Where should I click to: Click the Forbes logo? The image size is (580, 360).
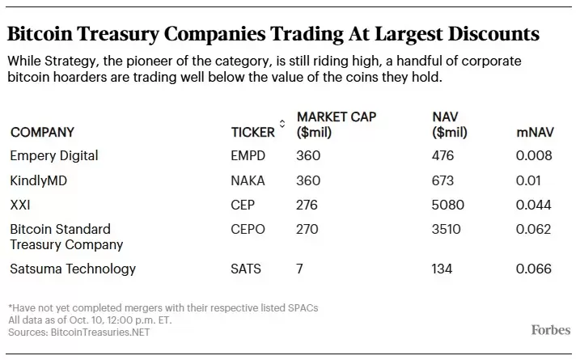550,330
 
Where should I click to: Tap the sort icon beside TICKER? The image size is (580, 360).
282,124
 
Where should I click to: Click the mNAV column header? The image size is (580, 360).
534,132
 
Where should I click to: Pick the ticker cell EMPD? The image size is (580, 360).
248,156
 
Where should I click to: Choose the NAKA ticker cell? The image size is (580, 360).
248,180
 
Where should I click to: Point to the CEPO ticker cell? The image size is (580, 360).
248,229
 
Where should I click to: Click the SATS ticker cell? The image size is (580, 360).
247,269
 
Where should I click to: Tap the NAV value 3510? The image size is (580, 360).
447,229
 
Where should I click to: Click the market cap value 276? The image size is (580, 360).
308,205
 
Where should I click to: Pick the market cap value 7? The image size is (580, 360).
300,269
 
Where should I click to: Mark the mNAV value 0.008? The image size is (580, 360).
534,156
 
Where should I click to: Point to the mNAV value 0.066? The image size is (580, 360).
534,269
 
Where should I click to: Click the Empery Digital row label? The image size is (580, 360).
53,156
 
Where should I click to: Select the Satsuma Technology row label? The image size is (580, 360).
73,269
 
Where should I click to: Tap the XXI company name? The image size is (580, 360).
20,205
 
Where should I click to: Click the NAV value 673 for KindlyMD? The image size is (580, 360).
443,180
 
